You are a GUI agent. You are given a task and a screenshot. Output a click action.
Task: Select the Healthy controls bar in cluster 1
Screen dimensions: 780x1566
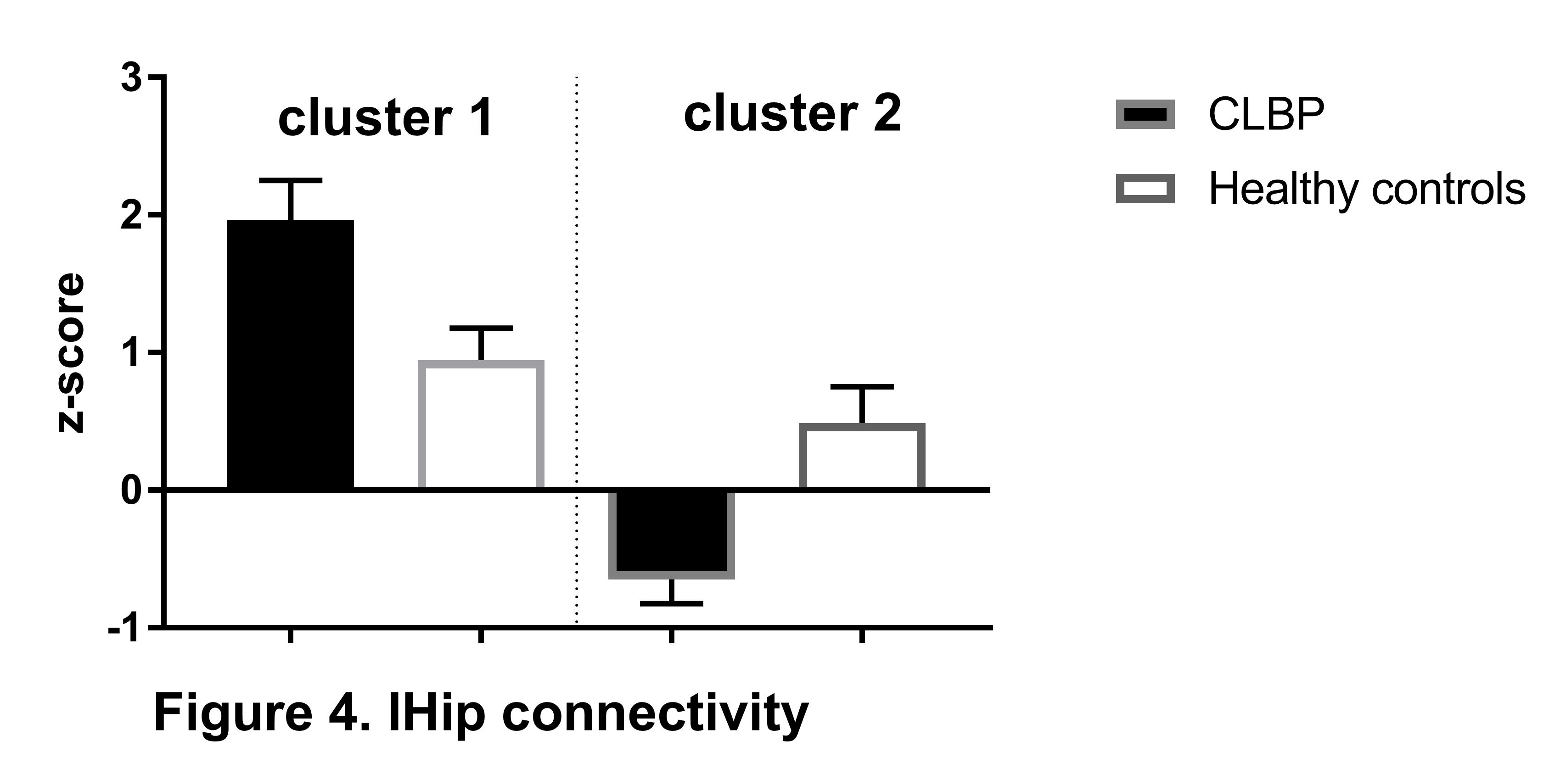pyautogui.click(x=481, y=425)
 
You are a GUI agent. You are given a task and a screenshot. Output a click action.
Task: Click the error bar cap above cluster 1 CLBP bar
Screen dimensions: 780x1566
pyautogui.click(x=291, y=180)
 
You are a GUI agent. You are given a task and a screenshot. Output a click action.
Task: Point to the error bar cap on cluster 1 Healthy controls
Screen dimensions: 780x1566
pyautogui.click(x=481, y=328)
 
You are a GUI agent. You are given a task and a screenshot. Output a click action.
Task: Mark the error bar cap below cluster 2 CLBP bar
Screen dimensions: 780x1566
pyautogui.click(x=671, y=603)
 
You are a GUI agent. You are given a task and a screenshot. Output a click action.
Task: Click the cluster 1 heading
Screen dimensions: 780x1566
pyautogui.click(x=385, y=118)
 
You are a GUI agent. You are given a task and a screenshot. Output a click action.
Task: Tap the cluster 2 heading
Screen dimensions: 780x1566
pyautogui.click(x=792, y=114)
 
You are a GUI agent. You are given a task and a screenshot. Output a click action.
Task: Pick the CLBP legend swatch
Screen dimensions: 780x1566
pyautogui.click(x=1145, y=114)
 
